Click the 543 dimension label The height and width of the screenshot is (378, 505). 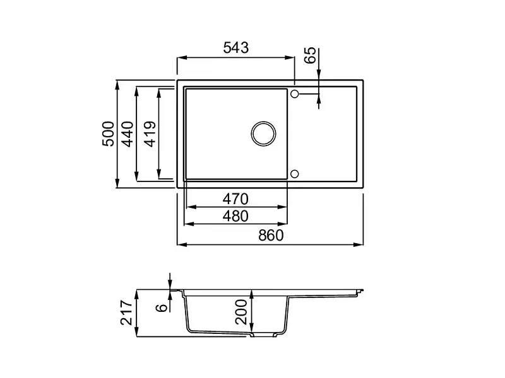coord(236,48)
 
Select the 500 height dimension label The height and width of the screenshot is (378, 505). coord(108,134)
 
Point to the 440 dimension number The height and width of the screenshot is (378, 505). coord(128,134)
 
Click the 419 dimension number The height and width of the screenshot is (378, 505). coord(150,134)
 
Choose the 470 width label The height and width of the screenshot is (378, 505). coord(235,199)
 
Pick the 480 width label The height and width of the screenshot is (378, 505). coord(235,216)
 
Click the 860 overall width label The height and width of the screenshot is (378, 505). coord(271,236)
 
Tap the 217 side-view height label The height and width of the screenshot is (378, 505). coord(127,312)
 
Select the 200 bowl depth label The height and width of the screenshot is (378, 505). coord(241,312)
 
